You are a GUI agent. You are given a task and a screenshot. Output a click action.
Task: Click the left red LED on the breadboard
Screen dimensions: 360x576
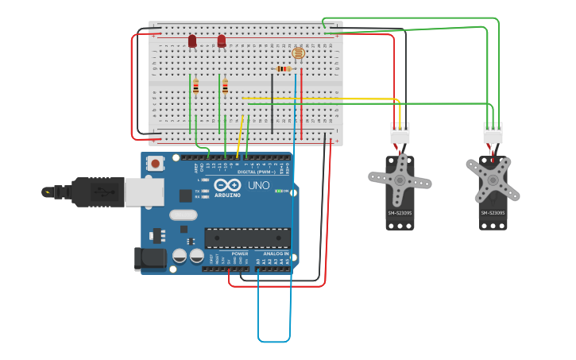pyautogui.click(x=192, y=41)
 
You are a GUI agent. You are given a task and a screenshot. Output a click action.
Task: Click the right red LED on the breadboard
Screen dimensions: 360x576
pyautogui.click(x=222, y=41)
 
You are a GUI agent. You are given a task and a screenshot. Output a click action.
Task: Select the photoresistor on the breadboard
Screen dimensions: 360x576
pyautogui.click(x=298, y=53)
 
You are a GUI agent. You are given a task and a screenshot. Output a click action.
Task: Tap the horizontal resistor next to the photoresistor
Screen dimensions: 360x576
pyautogui.click(x=284, y=69)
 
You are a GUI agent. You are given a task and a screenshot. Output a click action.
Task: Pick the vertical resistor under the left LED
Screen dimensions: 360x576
pyautogui.click(x=195, y=87)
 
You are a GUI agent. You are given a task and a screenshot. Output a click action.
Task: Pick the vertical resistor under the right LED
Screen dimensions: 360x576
pyautogui.click(x=225, y=87)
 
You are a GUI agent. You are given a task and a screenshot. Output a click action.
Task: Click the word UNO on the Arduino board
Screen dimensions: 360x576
pyautogui.click(x=259, y=185)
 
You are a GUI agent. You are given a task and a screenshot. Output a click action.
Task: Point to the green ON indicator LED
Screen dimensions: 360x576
pyautogui.click(x=279, y=191)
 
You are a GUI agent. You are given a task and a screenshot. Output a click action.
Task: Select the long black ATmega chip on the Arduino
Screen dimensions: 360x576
pyautogui.click(x=247, y=238)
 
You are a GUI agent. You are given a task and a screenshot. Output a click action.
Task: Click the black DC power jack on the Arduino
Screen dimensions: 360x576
pyautogui.click(x=149, y=257)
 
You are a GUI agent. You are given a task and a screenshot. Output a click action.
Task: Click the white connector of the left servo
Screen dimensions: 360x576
pyautogui.click(x=400, y=134)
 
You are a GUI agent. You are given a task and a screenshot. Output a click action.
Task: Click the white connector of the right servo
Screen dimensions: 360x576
pyautogui.click(x=493, y=134)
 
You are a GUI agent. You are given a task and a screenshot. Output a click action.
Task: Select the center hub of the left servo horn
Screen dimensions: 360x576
pyautogui.click(x=400, y=180)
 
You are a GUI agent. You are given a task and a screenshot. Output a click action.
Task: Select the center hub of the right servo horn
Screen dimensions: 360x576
pyautogui.click(x=493, y=180)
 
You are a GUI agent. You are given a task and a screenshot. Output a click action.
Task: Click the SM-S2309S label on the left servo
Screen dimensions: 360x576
pyautogui.click(x=400, y=213)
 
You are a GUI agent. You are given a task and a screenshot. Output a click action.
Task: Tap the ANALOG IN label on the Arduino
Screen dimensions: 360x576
pyautogui.click(x=271, y=254)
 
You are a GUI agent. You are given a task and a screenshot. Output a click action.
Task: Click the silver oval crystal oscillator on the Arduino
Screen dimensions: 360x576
pyautogui.click(x=183, y=215)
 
